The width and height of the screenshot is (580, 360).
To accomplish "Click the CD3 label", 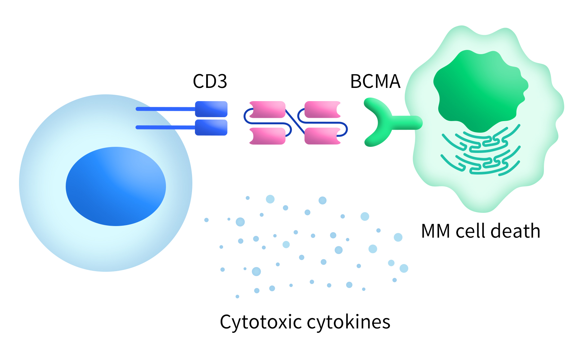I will [210, 81].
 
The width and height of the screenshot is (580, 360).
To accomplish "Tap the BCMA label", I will [375, 81].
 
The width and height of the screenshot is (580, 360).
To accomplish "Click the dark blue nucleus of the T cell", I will [116, 186].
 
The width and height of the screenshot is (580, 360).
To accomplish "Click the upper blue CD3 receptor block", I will [211, 109].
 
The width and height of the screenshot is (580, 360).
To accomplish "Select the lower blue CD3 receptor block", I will [211, 128].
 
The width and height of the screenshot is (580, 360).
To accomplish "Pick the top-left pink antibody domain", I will [267, 109].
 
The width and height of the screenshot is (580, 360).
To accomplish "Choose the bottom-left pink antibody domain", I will [267, 136].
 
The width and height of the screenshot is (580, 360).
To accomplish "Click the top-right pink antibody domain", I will [322, 109].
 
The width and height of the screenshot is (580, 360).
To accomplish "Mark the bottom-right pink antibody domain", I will [322, 136].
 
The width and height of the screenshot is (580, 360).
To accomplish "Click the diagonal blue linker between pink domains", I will [295, 122].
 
